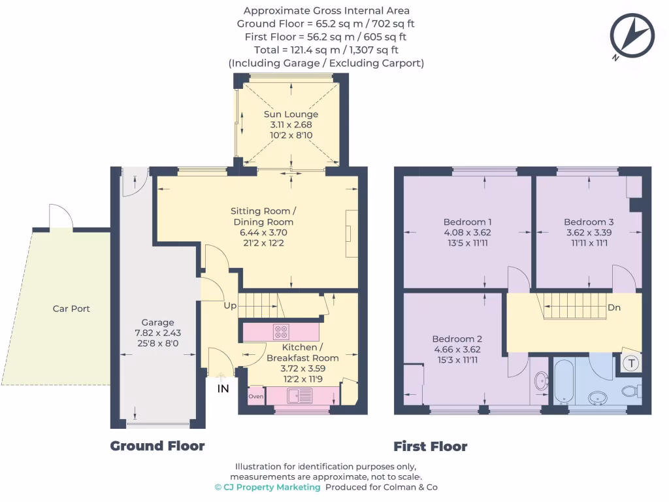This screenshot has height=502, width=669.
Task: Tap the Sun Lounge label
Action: [291, 114]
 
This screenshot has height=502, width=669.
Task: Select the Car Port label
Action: [71, 309]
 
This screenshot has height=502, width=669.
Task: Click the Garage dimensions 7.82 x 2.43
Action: [158, 333]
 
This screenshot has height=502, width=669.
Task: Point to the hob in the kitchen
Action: [281, 331]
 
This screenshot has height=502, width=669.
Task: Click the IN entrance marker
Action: [223, 389]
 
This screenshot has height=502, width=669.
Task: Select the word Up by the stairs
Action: [231, 306]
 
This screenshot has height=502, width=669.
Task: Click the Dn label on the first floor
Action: [613, 307]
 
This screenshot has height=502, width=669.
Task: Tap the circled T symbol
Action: [631, 364]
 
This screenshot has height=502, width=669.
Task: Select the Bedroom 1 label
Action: [467, 222]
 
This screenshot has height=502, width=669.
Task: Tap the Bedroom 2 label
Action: [457, 339]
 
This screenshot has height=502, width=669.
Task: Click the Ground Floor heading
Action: [157, 446]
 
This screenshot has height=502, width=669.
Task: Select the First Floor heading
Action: [430, 446]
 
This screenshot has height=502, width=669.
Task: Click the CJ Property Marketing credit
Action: [267, 487]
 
